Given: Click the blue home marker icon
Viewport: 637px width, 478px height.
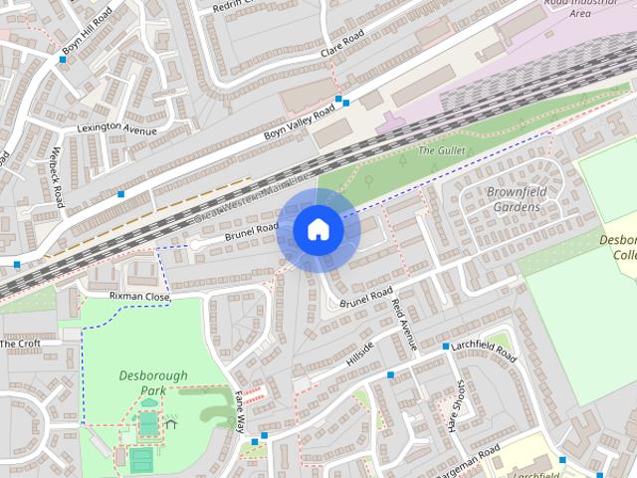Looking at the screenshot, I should click(x=318, y=230).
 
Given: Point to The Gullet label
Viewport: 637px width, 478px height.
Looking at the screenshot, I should click(x=441, y=150).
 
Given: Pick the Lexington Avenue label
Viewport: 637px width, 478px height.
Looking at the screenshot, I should click(x=117, y=128).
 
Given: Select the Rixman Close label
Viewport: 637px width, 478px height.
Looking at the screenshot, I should click(x=140, y=296).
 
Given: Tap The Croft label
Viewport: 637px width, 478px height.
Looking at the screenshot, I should click(x=20, y=344).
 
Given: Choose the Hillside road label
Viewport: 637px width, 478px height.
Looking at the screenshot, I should click(x=359, y=354).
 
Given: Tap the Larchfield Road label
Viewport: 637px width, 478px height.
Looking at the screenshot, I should click(x=484, y=350).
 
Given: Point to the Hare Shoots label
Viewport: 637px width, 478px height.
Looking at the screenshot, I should click(x=458, y=405).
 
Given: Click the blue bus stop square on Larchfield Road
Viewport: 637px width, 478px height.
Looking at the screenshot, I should click(x=445, y=347).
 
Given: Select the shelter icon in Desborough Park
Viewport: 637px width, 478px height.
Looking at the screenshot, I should click(x=171, y=423).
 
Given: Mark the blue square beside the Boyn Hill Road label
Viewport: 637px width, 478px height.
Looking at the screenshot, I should click(x=62, y=60).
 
